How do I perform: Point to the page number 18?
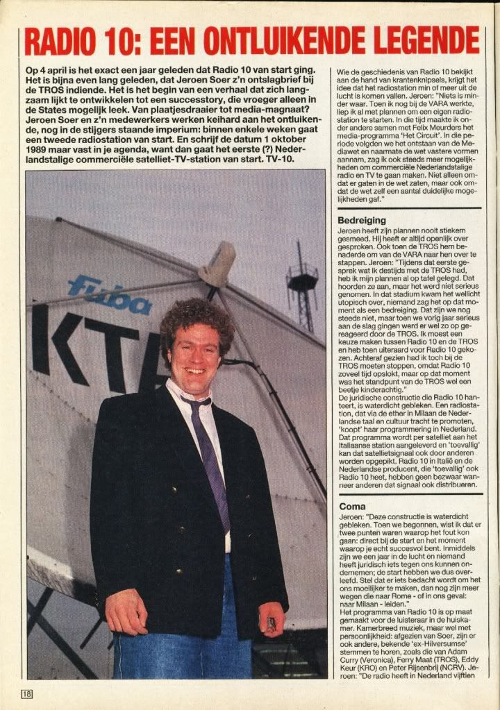27,693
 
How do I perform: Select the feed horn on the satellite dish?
217,264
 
